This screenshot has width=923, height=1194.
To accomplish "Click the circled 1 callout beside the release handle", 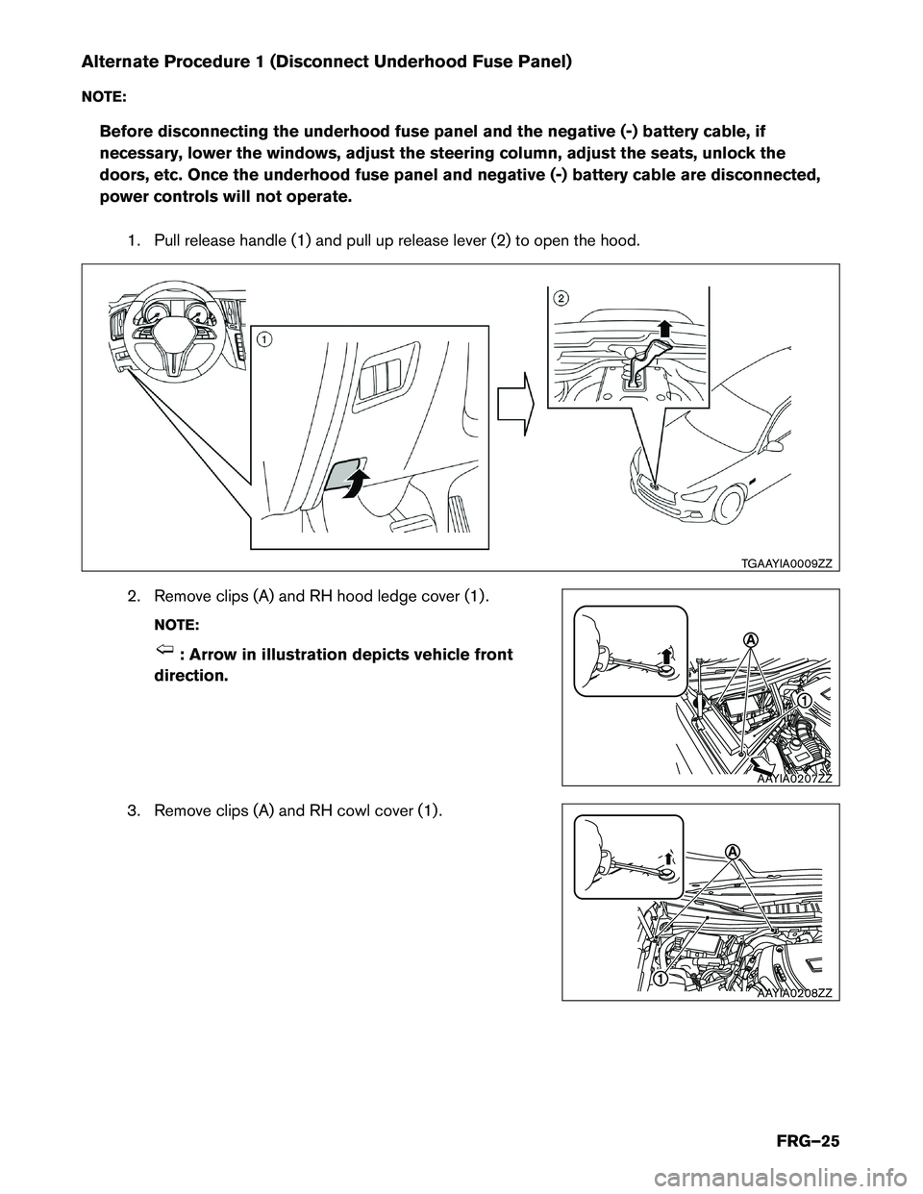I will [x=262, y=338].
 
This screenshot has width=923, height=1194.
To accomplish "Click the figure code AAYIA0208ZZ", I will [x=793, y=993].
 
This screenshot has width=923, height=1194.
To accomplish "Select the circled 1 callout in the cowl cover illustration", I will [x=662, y=978].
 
